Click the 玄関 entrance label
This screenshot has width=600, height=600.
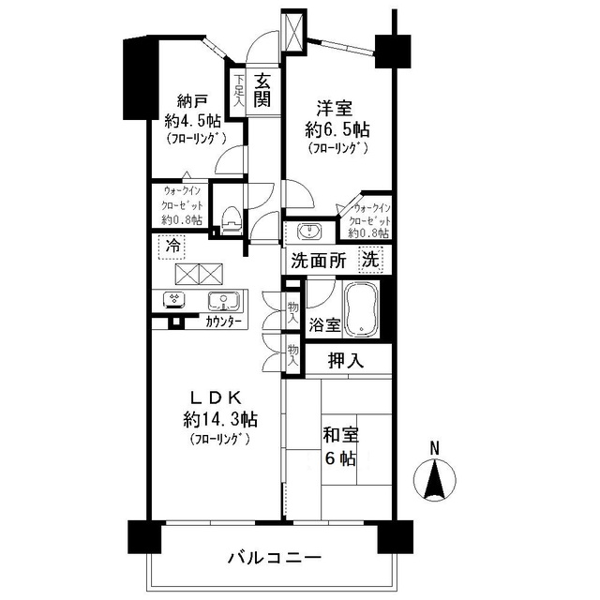[x=263, y=89]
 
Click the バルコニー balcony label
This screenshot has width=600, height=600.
[x=275, y=558]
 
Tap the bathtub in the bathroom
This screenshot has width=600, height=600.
[x=362, y=308]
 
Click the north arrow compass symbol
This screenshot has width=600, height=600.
[x=434, y=479]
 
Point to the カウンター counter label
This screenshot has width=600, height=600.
[x=222, y=322]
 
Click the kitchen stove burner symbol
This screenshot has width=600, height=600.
[x=174, y=301]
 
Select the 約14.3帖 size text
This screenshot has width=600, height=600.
[x=221, y=418]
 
